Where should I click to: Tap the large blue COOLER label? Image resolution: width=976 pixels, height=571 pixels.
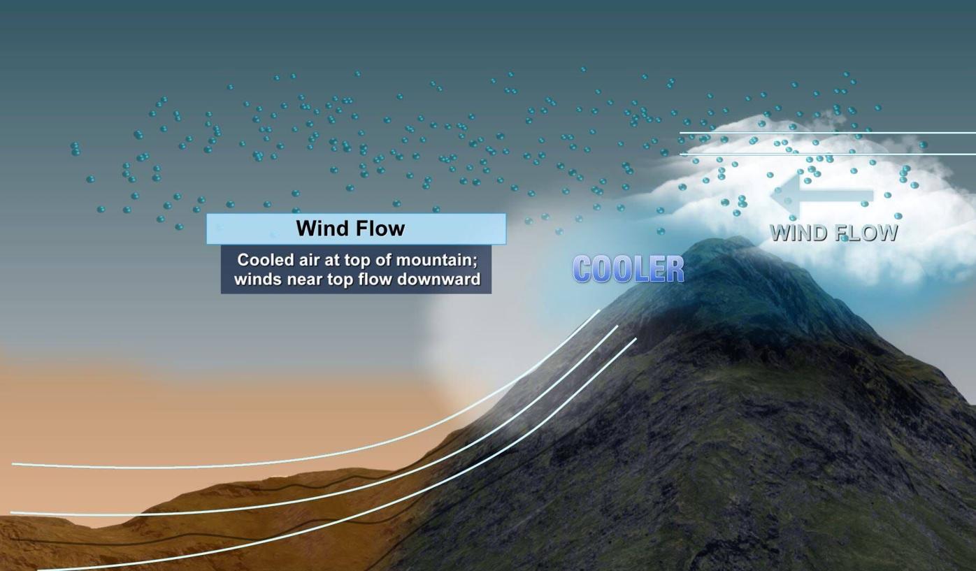point(628,269)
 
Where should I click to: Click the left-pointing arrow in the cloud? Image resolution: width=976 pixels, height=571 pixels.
point(821,196)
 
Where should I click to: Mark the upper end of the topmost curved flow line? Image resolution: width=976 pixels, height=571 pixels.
point(600,310)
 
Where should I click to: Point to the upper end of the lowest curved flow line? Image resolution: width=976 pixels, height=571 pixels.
point(636,339)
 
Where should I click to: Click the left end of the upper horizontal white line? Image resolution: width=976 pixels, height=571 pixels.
point(681,133)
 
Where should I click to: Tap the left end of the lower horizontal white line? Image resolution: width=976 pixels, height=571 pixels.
point(681,154)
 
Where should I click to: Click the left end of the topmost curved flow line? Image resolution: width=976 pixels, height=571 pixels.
point(13,463)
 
